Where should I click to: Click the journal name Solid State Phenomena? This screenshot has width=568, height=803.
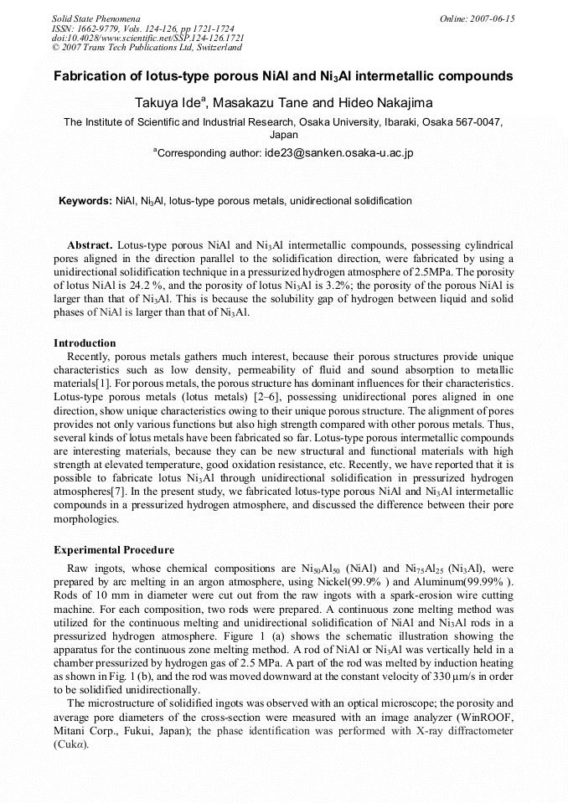tap(95, 18)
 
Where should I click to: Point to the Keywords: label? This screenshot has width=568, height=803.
tap(85, 202)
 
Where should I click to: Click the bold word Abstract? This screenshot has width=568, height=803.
tap(90, 245)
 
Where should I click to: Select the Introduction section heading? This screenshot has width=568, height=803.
tap(85, 343)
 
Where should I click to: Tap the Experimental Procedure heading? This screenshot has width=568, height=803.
tap(114, 550)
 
